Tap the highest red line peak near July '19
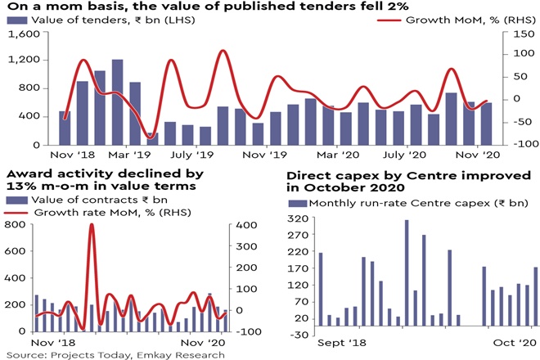click(x=223, y=52)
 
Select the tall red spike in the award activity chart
click(x=92, y=225)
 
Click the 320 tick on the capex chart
click(x=299, y=218)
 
